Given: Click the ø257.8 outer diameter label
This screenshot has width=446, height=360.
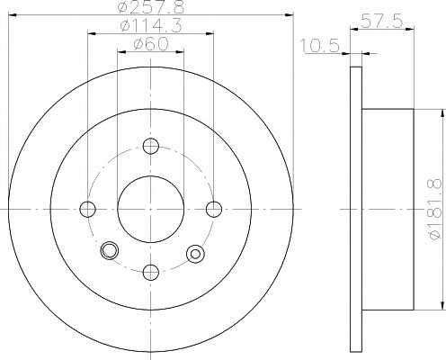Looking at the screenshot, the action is (x=150, y=6).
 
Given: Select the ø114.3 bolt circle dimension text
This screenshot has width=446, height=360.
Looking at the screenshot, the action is (x=150, y=26).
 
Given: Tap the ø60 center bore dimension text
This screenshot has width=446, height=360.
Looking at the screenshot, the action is (x=151, y=44).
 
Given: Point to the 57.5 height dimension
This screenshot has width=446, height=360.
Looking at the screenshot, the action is (x=381, y=21).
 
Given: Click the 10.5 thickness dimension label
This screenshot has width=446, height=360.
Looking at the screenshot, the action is (x=320, y=46).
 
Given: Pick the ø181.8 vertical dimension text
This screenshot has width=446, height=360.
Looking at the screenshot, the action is (x=435, y=209).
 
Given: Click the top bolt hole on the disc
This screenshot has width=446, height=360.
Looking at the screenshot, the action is (x=151, y=146).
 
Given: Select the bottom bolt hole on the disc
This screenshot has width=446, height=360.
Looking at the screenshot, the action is (x=151, y=273).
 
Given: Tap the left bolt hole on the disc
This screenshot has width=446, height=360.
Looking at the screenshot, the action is (x=88, y=209).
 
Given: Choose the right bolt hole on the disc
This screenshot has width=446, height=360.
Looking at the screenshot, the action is (x=214, y=209).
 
